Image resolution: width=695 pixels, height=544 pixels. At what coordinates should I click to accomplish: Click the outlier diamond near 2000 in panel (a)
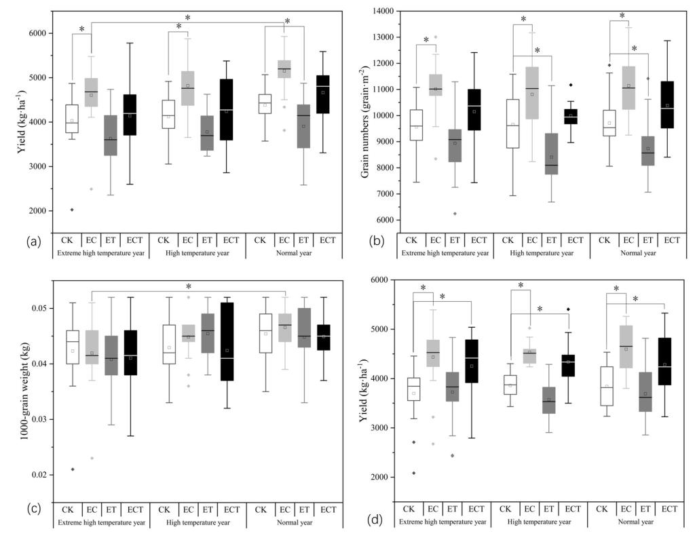pos(71,210)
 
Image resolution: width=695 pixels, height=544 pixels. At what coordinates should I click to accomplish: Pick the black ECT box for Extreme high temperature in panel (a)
pos(130,115)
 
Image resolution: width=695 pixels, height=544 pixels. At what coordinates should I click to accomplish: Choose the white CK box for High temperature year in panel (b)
pos(513,123)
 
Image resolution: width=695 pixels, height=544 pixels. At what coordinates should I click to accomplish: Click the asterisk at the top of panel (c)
pos(189,287)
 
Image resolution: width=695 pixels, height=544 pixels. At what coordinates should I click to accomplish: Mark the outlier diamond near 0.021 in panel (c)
pos(72,469)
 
